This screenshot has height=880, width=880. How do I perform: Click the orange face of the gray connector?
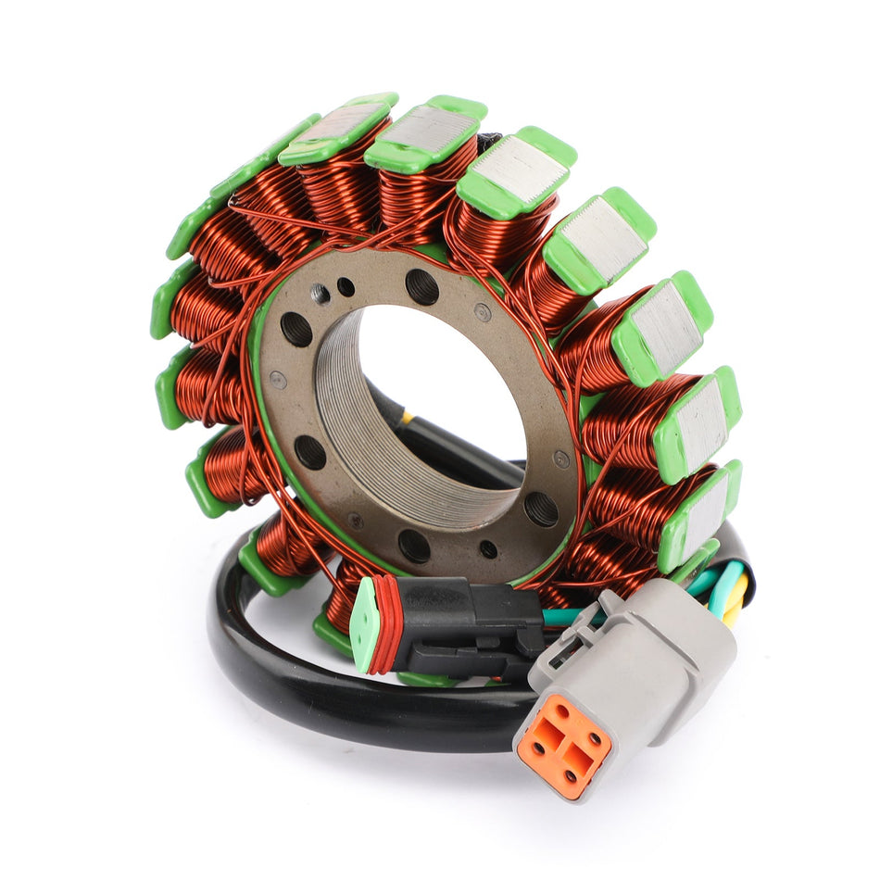(563, 744)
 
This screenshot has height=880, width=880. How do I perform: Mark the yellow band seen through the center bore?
(407, 418)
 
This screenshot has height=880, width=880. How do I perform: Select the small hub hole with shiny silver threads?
(320, 295)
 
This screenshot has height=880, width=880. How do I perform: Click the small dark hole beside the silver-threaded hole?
(346, 286)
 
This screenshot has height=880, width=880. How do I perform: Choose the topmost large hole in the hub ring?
(422, 286)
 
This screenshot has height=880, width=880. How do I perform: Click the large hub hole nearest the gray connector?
(541, 509)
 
